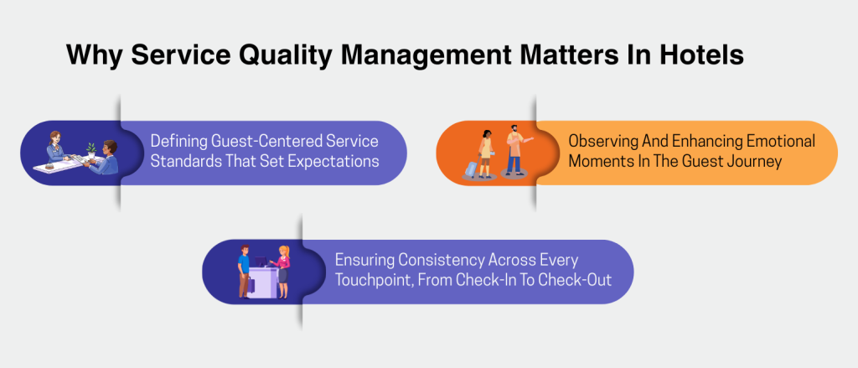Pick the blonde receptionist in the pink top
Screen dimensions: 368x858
click(x=284, y=268)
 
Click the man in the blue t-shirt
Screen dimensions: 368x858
click(x=244, y=268)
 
